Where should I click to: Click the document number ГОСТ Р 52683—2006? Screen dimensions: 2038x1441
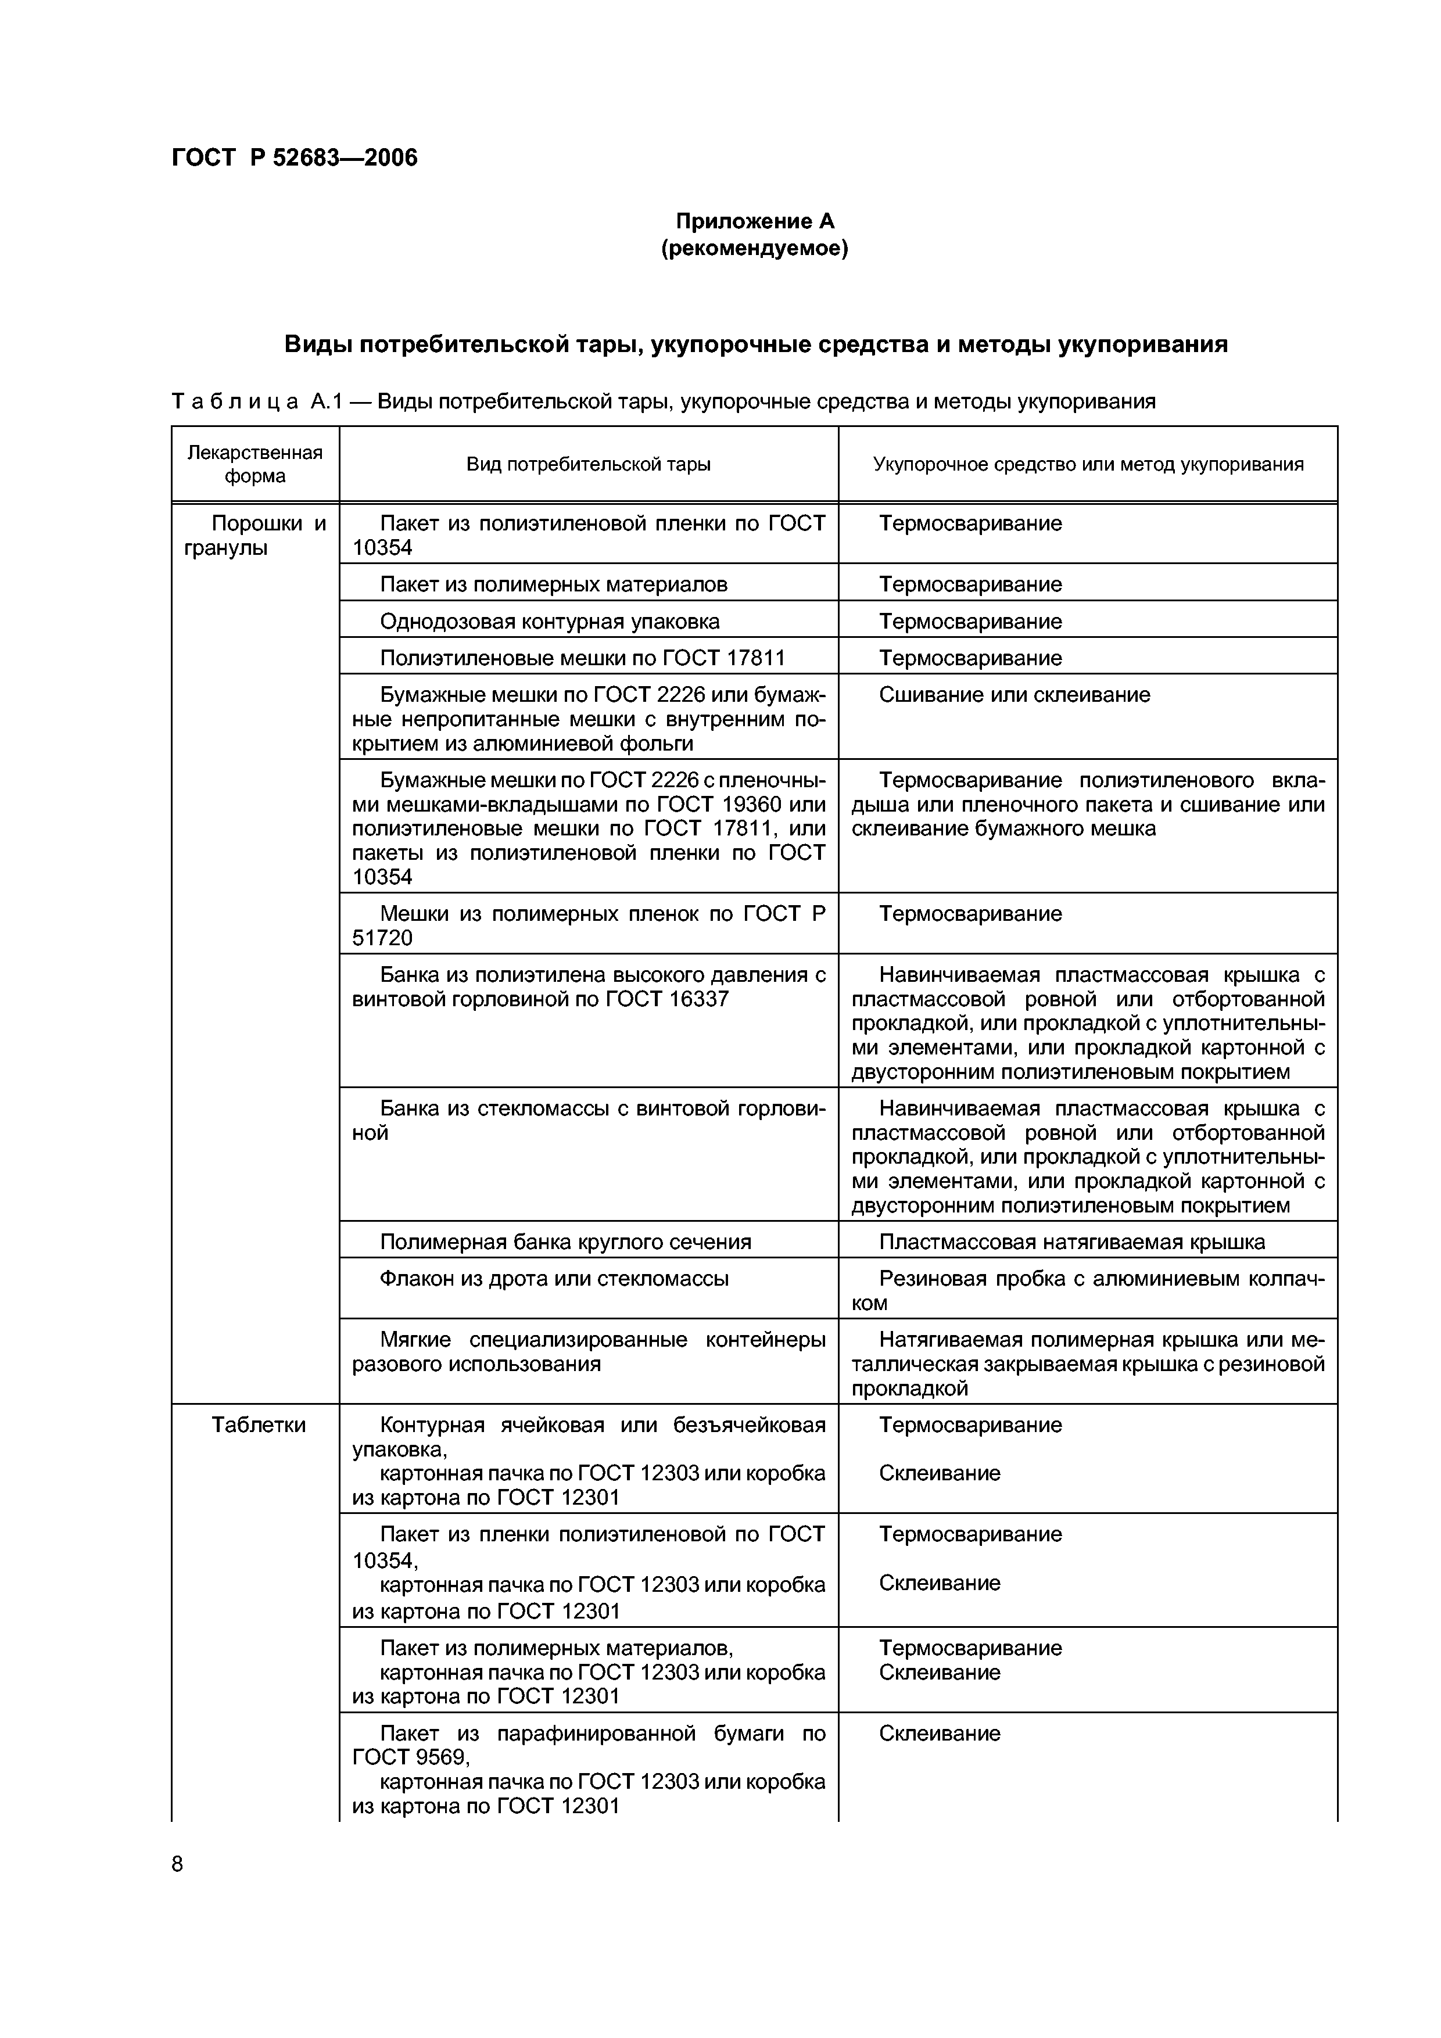pos(294,158)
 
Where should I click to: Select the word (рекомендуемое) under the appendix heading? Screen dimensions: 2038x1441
pos(755,249)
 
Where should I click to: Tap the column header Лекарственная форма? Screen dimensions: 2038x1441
pos(255,464)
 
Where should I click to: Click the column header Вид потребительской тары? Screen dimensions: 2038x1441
pos(588,464)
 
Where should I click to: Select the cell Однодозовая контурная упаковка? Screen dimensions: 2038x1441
pos(550,622)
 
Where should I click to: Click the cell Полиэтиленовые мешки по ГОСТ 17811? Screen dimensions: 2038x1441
pos(582,658)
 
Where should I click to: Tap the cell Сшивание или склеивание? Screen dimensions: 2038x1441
pos(1014,695)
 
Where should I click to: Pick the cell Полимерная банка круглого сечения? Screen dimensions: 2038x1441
pos(565,1242)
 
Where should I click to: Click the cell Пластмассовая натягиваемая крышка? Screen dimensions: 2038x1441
pos(1071,1242)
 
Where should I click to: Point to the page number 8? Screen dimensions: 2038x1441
pos(178,1864)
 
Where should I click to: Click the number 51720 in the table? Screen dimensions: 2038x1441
pos(383,938)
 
